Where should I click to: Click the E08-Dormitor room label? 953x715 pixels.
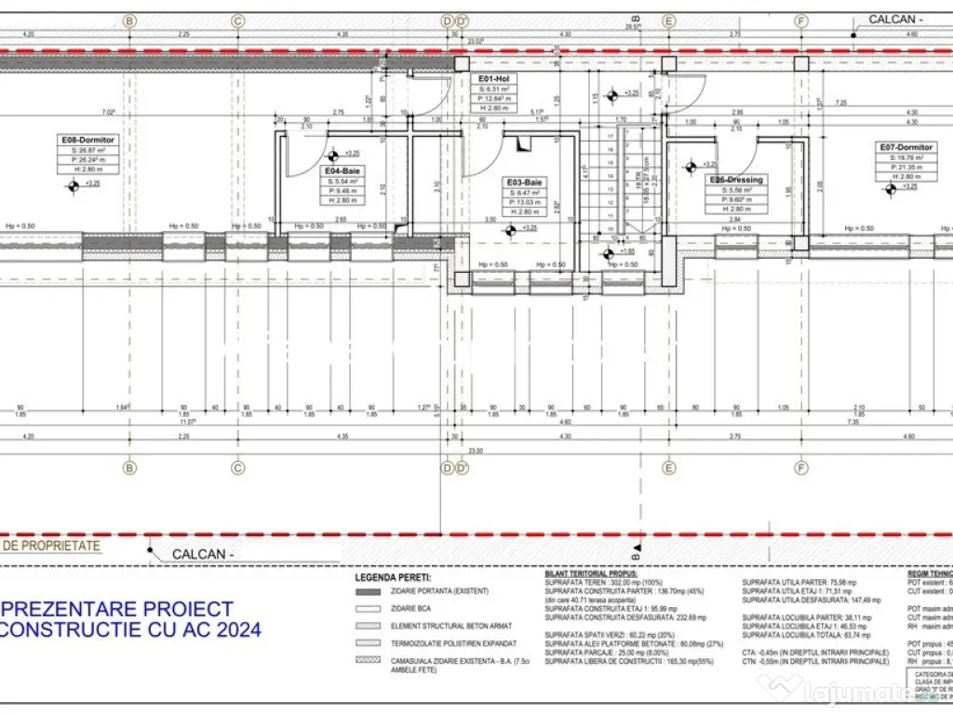(x=87, y=140)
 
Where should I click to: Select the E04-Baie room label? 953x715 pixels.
(x=342, y=171)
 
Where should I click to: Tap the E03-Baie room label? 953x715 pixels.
(x=524, y=182)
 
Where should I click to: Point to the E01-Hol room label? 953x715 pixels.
(x=494, y=80)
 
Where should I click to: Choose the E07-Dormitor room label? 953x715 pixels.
(x=906, y=147)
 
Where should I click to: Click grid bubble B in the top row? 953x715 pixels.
(x=129, y=20)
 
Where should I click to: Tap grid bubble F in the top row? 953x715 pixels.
(x=799, y=20)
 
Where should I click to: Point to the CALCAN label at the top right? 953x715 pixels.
(x=895, y=19)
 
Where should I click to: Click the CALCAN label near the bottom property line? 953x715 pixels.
(x=199, y=555)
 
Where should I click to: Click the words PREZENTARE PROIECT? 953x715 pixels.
(x=121, y=609)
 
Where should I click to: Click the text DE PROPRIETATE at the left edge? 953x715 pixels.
(x=51, y=546)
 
